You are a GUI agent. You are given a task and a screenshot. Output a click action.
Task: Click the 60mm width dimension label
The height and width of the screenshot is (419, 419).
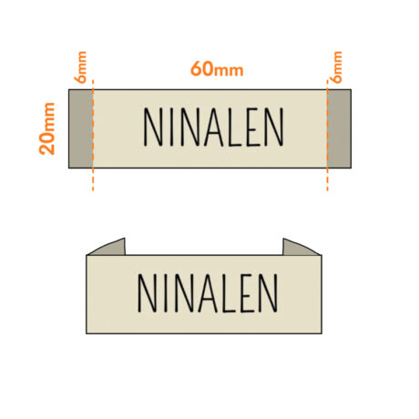[x=217, y=69]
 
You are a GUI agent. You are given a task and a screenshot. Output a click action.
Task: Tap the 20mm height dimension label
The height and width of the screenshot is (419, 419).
[x=47, y=128]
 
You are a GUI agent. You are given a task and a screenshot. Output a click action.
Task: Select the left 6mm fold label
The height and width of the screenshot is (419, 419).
[x=80, y=67]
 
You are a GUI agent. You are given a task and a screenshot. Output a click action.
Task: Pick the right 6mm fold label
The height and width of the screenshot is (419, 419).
[x=336, y=67]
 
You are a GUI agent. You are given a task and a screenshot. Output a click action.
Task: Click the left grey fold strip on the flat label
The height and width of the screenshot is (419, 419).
[x=81, y=128]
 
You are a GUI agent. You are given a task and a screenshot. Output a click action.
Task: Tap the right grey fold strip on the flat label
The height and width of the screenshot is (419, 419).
[x=339, y=128]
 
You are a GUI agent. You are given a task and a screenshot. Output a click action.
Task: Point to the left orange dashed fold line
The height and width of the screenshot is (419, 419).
[x=93, y=136]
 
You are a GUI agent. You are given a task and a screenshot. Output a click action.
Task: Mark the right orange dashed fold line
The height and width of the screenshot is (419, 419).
[x=327, y=136]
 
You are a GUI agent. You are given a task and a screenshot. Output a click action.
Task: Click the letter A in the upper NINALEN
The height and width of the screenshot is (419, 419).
[x=214, y=128]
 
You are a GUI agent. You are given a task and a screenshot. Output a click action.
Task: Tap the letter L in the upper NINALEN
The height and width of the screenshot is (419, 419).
[x=235, y=128]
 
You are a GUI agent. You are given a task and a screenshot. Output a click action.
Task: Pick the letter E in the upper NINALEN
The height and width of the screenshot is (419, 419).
[x=253, y=128]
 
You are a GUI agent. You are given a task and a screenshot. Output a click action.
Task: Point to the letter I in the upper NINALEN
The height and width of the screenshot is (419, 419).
[x=172, y=128]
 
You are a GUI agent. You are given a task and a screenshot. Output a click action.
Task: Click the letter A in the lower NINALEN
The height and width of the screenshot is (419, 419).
[x=208, y=293]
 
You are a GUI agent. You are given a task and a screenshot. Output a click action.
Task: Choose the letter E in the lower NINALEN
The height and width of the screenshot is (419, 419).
[x=247, y=293]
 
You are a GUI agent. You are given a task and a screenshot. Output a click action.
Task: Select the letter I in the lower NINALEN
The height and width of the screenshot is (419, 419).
[x=166, y=293]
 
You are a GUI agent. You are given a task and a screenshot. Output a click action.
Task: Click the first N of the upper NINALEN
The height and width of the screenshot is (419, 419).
[x=153, y=128]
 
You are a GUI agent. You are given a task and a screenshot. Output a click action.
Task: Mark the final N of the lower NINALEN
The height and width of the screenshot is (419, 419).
[x=269, y=293]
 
